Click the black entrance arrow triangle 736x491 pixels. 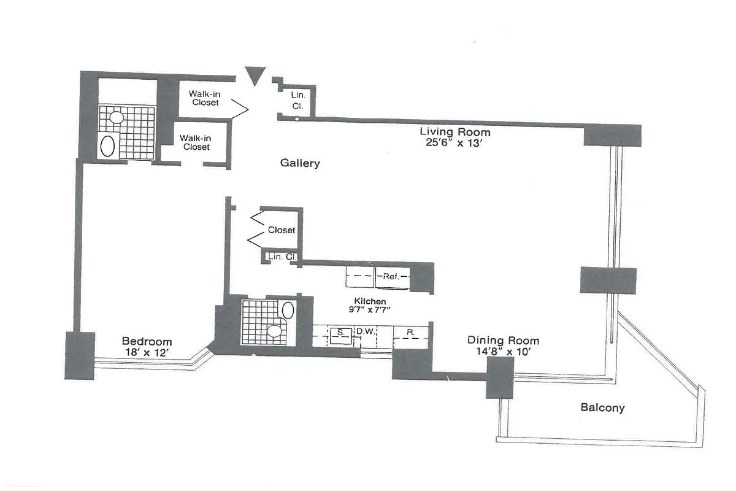(254, 75)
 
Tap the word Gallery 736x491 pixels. (300, 163)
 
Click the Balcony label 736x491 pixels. (602, 408)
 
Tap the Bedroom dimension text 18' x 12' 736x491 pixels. (147, 353)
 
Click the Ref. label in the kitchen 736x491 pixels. (391, 277)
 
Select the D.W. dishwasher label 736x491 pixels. (366, 332)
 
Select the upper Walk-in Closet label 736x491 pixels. (205, 98)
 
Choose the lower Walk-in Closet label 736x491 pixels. (196, 143)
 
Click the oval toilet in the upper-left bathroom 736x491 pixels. (108, 147)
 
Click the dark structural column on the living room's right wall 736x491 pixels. (608, 280)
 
